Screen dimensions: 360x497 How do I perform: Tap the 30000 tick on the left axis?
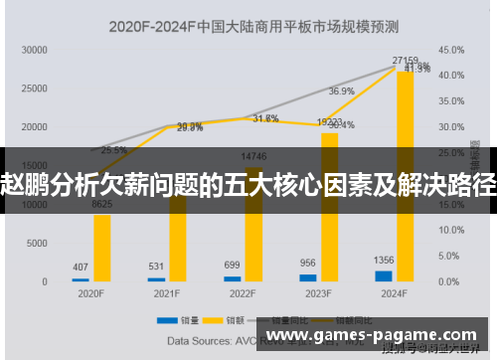[x=34, y=49]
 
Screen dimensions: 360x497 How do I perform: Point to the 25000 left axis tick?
[x=34, y=89]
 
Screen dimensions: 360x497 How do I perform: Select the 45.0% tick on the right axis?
[x=451, y=49]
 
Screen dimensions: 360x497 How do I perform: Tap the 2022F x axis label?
[x=241, y=294]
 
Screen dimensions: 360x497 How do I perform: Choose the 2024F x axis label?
[x=393, y=294]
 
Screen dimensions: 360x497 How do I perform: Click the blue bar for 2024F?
[x=384, y=275]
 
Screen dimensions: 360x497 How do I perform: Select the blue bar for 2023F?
[x=308, y=277]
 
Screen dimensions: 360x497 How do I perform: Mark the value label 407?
[x=81, y=267]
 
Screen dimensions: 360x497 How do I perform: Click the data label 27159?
[x=405, y=61]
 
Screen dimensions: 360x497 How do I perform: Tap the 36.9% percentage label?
[x=341, y=91]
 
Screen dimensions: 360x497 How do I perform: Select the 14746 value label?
[x=253, y=156]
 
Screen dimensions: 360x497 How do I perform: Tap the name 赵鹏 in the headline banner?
[x=24, y=183]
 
